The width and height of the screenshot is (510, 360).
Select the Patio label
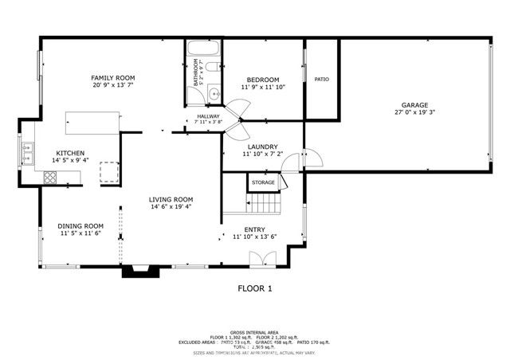pos(321,79)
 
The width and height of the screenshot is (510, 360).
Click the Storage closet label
pos(263,182)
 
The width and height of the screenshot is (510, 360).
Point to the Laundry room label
pos(261,147)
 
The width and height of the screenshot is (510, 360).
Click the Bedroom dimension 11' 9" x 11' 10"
pos(262,88)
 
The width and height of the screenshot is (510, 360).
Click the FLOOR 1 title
pos(255,288)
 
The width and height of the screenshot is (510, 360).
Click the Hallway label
pos(208,116)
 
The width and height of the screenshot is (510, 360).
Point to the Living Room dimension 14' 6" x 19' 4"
pos(171,207)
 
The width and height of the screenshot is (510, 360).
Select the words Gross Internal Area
pos(255,332)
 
